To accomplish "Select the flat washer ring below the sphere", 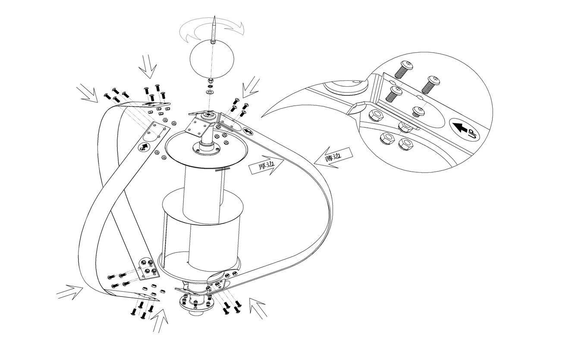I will coord(210,92).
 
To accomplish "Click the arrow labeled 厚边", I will coord(266,166).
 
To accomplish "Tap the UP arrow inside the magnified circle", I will coord(465,129).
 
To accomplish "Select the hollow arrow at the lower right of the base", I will coord(258,308).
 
